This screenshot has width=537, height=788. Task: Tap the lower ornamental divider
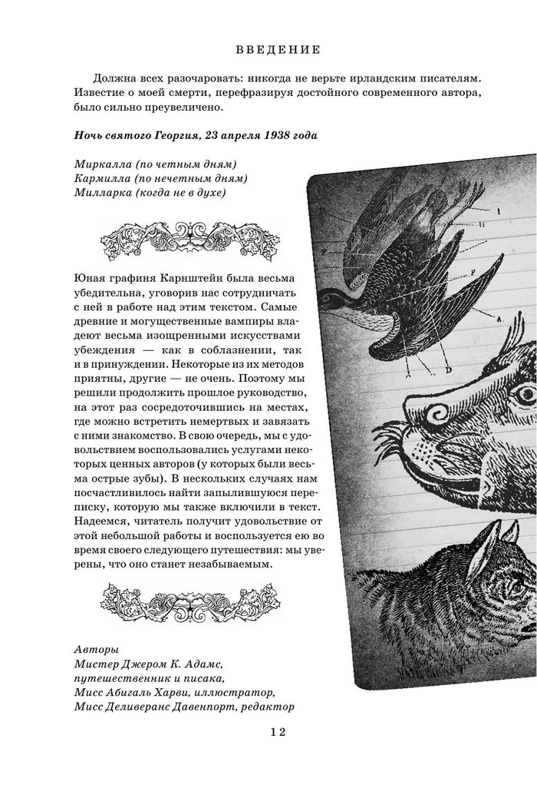click(x=190, y=596)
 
